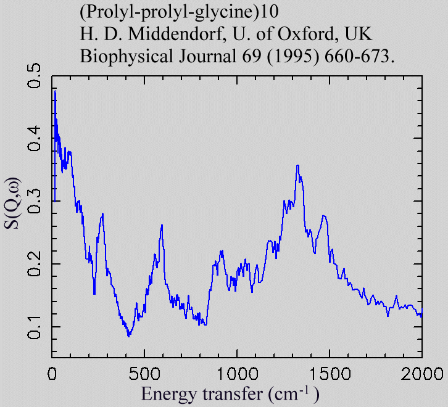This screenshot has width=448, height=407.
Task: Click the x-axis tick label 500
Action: click(x=144, y=373)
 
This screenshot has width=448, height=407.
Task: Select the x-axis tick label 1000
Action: click(x=237, y=373)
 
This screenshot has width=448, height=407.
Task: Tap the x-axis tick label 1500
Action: click(x=330, y=373)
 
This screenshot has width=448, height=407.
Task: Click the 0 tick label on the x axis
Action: click(x=52, y=373)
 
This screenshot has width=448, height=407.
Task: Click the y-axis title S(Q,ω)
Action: click(x=13, y=203)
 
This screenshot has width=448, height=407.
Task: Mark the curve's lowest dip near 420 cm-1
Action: click(x=128, y=336)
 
